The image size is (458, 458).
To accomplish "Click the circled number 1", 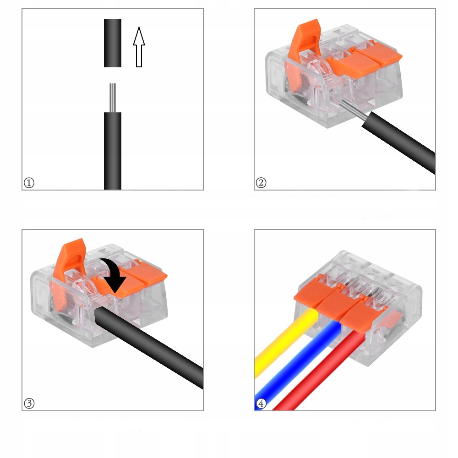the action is (x=29, y=183).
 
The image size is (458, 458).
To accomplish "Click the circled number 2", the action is (x=261, y=183).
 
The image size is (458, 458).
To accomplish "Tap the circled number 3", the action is (x=29, y=403).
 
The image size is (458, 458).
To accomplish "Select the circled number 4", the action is (x=261, y=403).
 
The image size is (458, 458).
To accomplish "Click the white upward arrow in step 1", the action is (x=139, y=47).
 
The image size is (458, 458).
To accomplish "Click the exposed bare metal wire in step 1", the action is (x=113, y=98).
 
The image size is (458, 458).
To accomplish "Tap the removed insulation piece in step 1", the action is (x=113, y=43).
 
